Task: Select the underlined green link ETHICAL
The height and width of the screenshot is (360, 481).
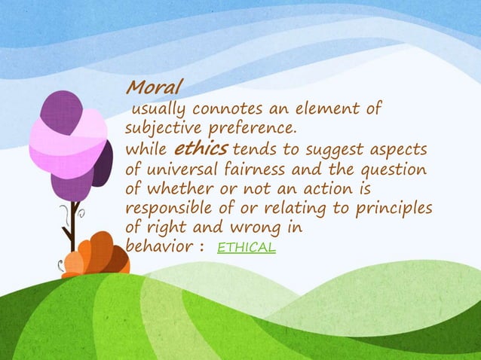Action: [x=246, y=247]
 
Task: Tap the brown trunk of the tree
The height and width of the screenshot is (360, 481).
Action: [x=70, y=233]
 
